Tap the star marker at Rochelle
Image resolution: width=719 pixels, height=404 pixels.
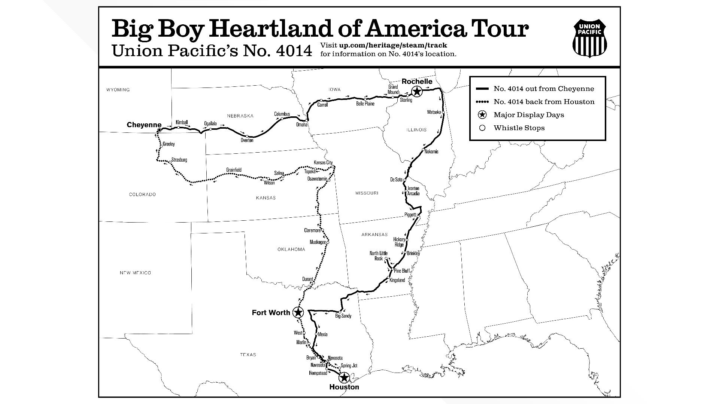(x=416, y=91)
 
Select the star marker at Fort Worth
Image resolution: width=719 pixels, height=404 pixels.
(x=298, y=312)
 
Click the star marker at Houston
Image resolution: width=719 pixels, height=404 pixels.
(x=344, y=377)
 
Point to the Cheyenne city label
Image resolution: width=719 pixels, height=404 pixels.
(x=144, y=125)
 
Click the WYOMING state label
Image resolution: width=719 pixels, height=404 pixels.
(x=118, y=90)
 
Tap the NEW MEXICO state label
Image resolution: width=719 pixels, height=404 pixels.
(x=135, y=273)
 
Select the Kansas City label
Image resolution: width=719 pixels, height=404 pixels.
(x=323, y=162)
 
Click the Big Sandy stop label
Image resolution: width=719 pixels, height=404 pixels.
(x=343, y=316)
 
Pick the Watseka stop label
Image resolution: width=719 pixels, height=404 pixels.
(x=434, y=112)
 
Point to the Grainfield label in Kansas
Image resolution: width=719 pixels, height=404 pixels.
(x=234, y=170)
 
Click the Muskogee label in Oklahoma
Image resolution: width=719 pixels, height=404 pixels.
(x=318, y=242)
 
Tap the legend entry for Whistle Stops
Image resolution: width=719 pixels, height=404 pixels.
(x=519, y=128)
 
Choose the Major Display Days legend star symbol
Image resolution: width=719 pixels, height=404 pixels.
(x=482, y=115)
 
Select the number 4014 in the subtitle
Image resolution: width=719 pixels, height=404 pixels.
(x=294, y=51)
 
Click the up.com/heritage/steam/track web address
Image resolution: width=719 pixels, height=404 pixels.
(x=393, y=45)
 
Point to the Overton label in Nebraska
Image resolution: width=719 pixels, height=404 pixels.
(x=247, y=140)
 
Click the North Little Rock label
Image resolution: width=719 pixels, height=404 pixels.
(x=379, y=256)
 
